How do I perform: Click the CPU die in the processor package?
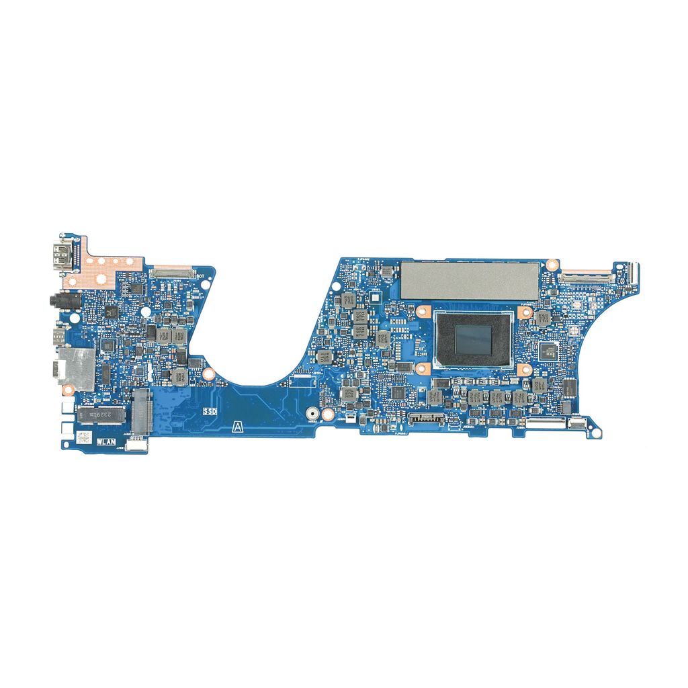point(474,340)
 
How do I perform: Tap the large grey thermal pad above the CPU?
point(470,280)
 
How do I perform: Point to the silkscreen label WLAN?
point(106,442)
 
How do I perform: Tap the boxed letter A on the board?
point(236,426)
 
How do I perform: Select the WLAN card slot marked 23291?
point(101,416)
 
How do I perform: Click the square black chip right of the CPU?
point(548,350)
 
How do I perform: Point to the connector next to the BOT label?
point(172,273)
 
